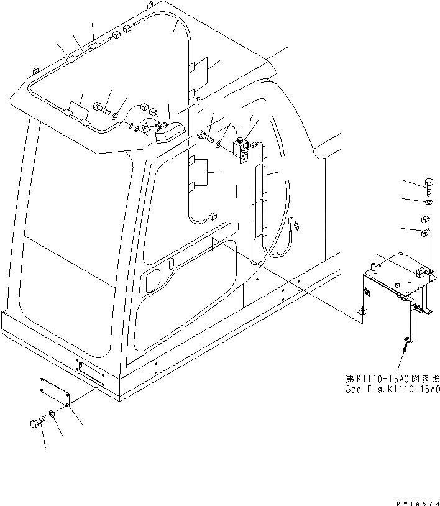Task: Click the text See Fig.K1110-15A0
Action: coord(393,389)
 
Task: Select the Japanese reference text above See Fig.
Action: coord(393,378)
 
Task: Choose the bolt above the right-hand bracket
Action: coord(429,184)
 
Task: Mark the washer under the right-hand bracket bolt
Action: coord(429,202)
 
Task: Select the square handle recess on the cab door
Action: coord(150,283)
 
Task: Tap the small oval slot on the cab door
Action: coord(170,264)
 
